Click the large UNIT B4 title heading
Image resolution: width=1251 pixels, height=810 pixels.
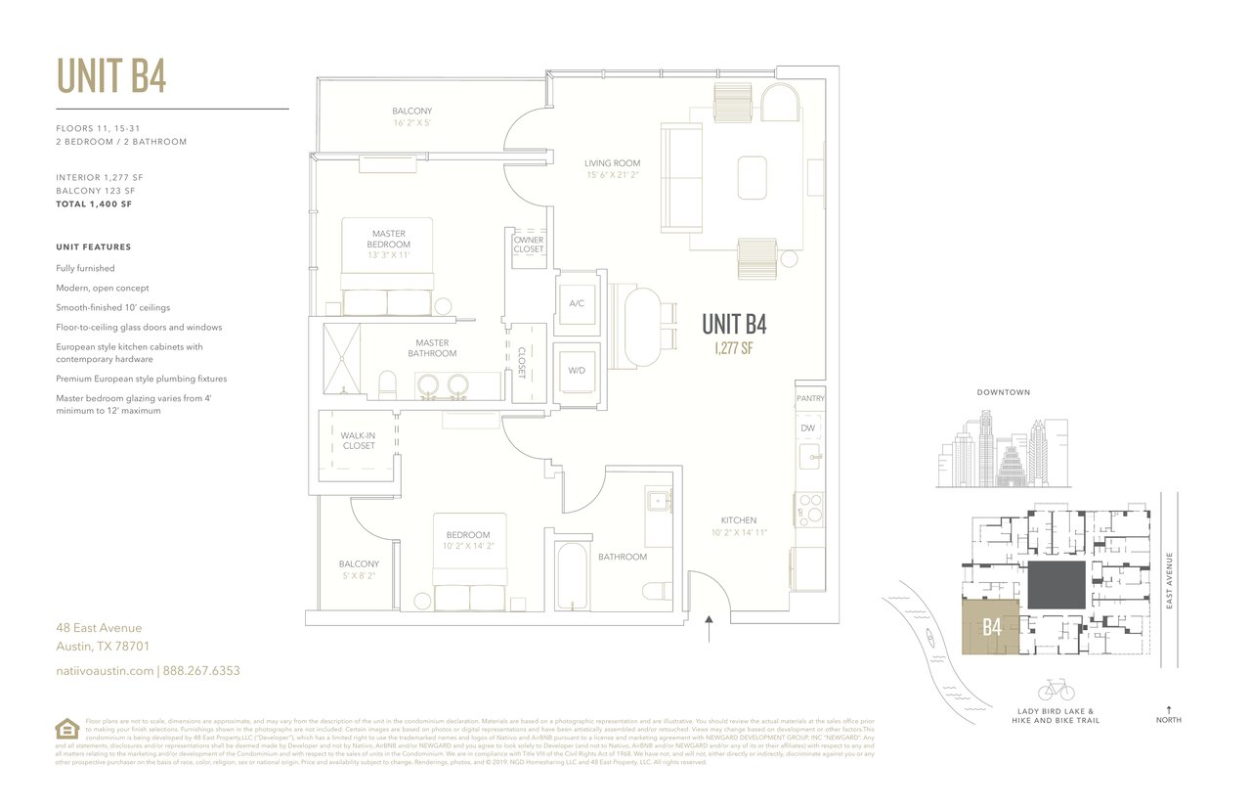111,76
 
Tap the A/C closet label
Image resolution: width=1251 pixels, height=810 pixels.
577,303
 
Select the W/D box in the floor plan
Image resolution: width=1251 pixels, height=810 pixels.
577,371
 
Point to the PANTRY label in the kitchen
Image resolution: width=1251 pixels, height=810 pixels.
810,398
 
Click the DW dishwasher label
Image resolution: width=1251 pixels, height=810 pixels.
807,427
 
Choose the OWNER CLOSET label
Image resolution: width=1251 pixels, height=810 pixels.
529,245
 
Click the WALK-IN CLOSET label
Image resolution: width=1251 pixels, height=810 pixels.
358,440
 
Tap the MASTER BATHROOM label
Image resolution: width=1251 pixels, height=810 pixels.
432,348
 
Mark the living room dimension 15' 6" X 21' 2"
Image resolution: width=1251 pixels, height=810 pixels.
612,175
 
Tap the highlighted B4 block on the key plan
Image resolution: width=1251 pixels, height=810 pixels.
992,627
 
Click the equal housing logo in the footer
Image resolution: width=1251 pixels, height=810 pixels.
66,729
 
